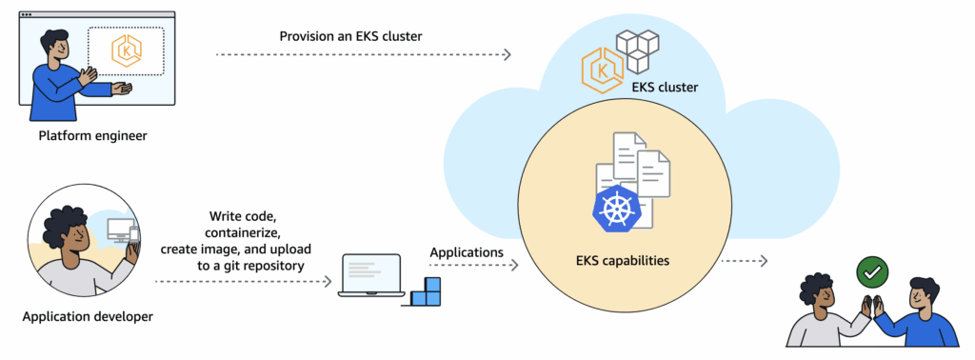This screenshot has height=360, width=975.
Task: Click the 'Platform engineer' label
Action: point(92,136)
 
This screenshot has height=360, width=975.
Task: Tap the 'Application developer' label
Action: point(88,316)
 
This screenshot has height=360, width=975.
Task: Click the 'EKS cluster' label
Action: point(665,88)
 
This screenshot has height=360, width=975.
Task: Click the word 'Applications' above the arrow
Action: point(467,252)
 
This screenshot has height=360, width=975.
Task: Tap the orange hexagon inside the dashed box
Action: point(126,51)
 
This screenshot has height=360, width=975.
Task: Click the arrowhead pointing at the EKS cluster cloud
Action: point(507,54)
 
